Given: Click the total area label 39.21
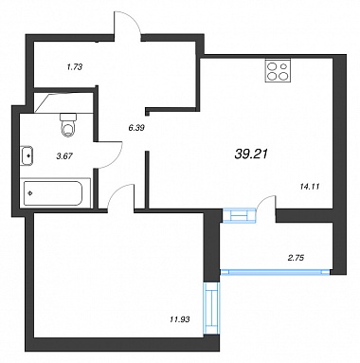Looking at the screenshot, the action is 251,154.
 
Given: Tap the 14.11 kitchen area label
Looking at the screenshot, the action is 310,187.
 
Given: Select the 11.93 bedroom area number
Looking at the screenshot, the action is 179,319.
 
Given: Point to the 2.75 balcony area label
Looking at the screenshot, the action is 296,258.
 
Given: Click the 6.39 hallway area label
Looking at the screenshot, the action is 136,128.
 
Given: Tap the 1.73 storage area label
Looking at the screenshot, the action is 74,67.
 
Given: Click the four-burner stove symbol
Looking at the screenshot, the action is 278,71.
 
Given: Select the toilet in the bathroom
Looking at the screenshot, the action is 68,125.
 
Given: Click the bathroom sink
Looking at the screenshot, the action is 27,155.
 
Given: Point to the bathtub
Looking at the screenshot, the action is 53,193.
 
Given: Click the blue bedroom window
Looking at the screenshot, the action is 211,308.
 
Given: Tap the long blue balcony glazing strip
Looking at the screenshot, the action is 276,271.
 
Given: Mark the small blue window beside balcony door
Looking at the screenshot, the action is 239,215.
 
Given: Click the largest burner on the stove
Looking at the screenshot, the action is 283,76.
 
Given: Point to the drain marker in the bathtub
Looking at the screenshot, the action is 30,193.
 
